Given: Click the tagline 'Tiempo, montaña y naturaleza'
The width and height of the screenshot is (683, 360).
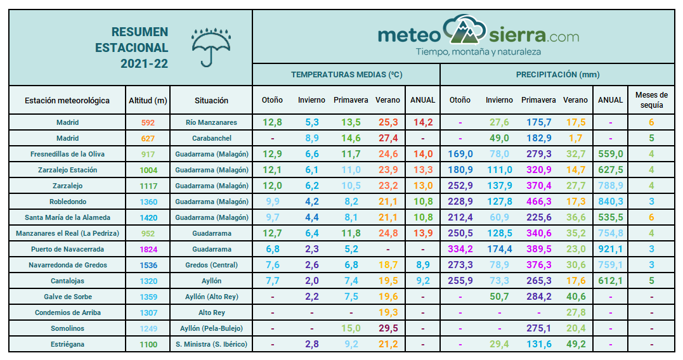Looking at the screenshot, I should pyautogui.click(x=478, y=51).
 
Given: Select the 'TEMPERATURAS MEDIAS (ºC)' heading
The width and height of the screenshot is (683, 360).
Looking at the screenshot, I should pyautogui.click(x=346, y=75).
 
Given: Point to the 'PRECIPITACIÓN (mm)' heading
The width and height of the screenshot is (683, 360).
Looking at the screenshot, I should pyautogui.click(x=557, y=75).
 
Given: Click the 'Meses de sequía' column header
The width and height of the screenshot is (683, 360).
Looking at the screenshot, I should pyautogui.click(x=651, y=100).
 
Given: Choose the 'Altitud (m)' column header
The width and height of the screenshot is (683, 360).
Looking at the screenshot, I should pyautogui.click(x=148, y=100).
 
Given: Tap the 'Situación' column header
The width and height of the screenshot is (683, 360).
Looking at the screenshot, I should pyautogui.click(x=211, y=100).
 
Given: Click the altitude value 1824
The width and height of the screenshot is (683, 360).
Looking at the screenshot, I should pyautogui.click(x=148, y=249).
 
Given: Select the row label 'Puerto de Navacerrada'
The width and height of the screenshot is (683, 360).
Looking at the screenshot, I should pyautogui.click(x=67, y=249).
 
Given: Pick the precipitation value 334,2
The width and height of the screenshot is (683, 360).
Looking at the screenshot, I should pyautogui.click(x=460, y=249).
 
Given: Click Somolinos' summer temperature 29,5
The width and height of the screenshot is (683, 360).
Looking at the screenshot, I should pyautogui.click(x=388, y=328).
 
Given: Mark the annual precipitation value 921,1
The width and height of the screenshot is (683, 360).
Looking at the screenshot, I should pyautogui.click(x=610, y=249).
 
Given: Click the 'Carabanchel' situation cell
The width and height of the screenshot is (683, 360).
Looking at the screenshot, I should pyautogui.click(x=211, y=138).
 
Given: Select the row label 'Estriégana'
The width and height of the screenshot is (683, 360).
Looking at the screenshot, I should pyautogui.click(x=67, y=344).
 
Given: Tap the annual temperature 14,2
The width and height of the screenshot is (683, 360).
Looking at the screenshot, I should pyautogui.click(x=423, y=122).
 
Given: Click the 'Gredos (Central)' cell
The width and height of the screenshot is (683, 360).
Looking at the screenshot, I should pyautogui.click(x=211, y=265).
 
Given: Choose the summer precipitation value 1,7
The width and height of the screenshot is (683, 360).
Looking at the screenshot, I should pyautogui.click(x=575, y=138).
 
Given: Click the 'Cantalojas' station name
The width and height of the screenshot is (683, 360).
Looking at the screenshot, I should pyautogui.click(x=67, y=281).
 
